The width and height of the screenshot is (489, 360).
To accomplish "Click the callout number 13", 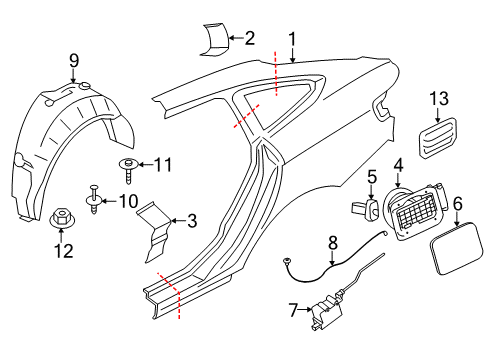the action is [x=439, y=99].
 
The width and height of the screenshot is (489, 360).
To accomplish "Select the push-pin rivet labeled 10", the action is [x=94, y=199].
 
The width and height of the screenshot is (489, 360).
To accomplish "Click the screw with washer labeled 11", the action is [x=128, y=170].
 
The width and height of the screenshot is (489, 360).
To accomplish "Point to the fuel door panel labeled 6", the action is [x=456, y=248].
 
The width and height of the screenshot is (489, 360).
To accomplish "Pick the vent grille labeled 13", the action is [x=437, y=137].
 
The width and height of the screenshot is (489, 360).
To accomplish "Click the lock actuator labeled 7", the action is [x=326, y=312].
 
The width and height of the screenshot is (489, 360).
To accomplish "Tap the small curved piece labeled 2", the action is [x=214, y=39].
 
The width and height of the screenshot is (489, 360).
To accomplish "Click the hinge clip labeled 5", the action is [x=365, y=208].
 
